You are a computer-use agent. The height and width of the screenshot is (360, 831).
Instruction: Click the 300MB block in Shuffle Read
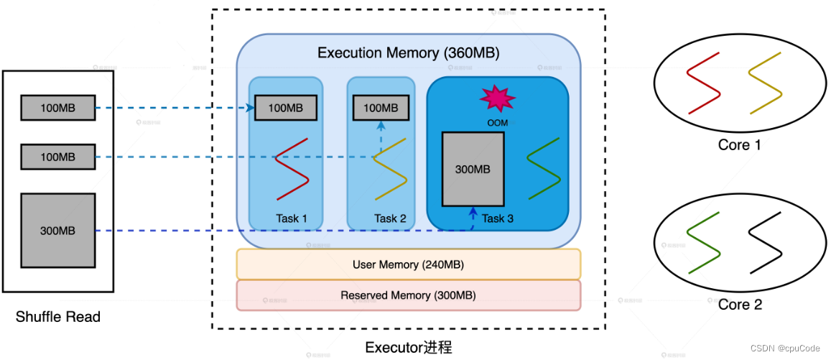coord(57,231)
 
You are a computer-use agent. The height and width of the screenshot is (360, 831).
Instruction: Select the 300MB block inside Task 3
coord(473,170)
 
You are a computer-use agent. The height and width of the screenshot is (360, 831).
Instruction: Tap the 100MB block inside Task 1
coord(285,109)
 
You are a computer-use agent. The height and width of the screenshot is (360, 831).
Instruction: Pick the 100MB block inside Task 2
coord(381,109)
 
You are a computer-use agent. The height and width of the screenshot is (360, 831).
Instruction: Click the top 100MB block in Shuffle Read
coord(57,109)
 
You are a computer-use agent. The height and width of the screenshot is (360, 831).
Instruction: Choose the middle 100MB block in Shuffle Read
coord(57,157)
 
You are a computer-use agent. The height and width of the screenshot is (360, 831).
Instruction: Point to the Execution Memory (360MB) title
coord(408,53)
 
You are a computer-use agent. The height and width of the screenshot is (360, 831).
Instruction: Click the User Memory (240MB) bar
coord(408,264)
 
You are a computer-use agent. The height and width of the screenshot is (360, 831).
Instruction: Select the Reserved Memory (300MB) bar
coord(408,295)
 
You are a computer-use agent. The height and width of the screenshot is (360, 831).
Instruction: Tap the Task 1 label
coord(291,218)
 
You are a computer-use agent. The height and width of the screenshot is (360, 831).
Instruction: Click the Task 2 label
coord(390,218)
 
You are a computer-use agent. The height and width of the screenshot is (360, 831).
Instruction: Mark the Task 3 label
coord(498,218)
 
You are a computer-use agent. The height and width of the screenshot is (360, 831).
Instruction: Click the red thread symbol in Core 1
coord(704,83)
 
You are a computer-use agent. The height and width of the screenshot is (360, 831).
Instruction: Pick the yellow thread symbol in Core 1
coord(765,83)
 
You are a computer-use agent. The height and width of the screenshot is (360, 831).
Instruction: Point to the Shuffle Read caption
coord(57,316)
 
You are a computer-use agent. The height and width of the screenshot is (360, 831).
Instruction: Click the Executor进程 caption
coord(408,348)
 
